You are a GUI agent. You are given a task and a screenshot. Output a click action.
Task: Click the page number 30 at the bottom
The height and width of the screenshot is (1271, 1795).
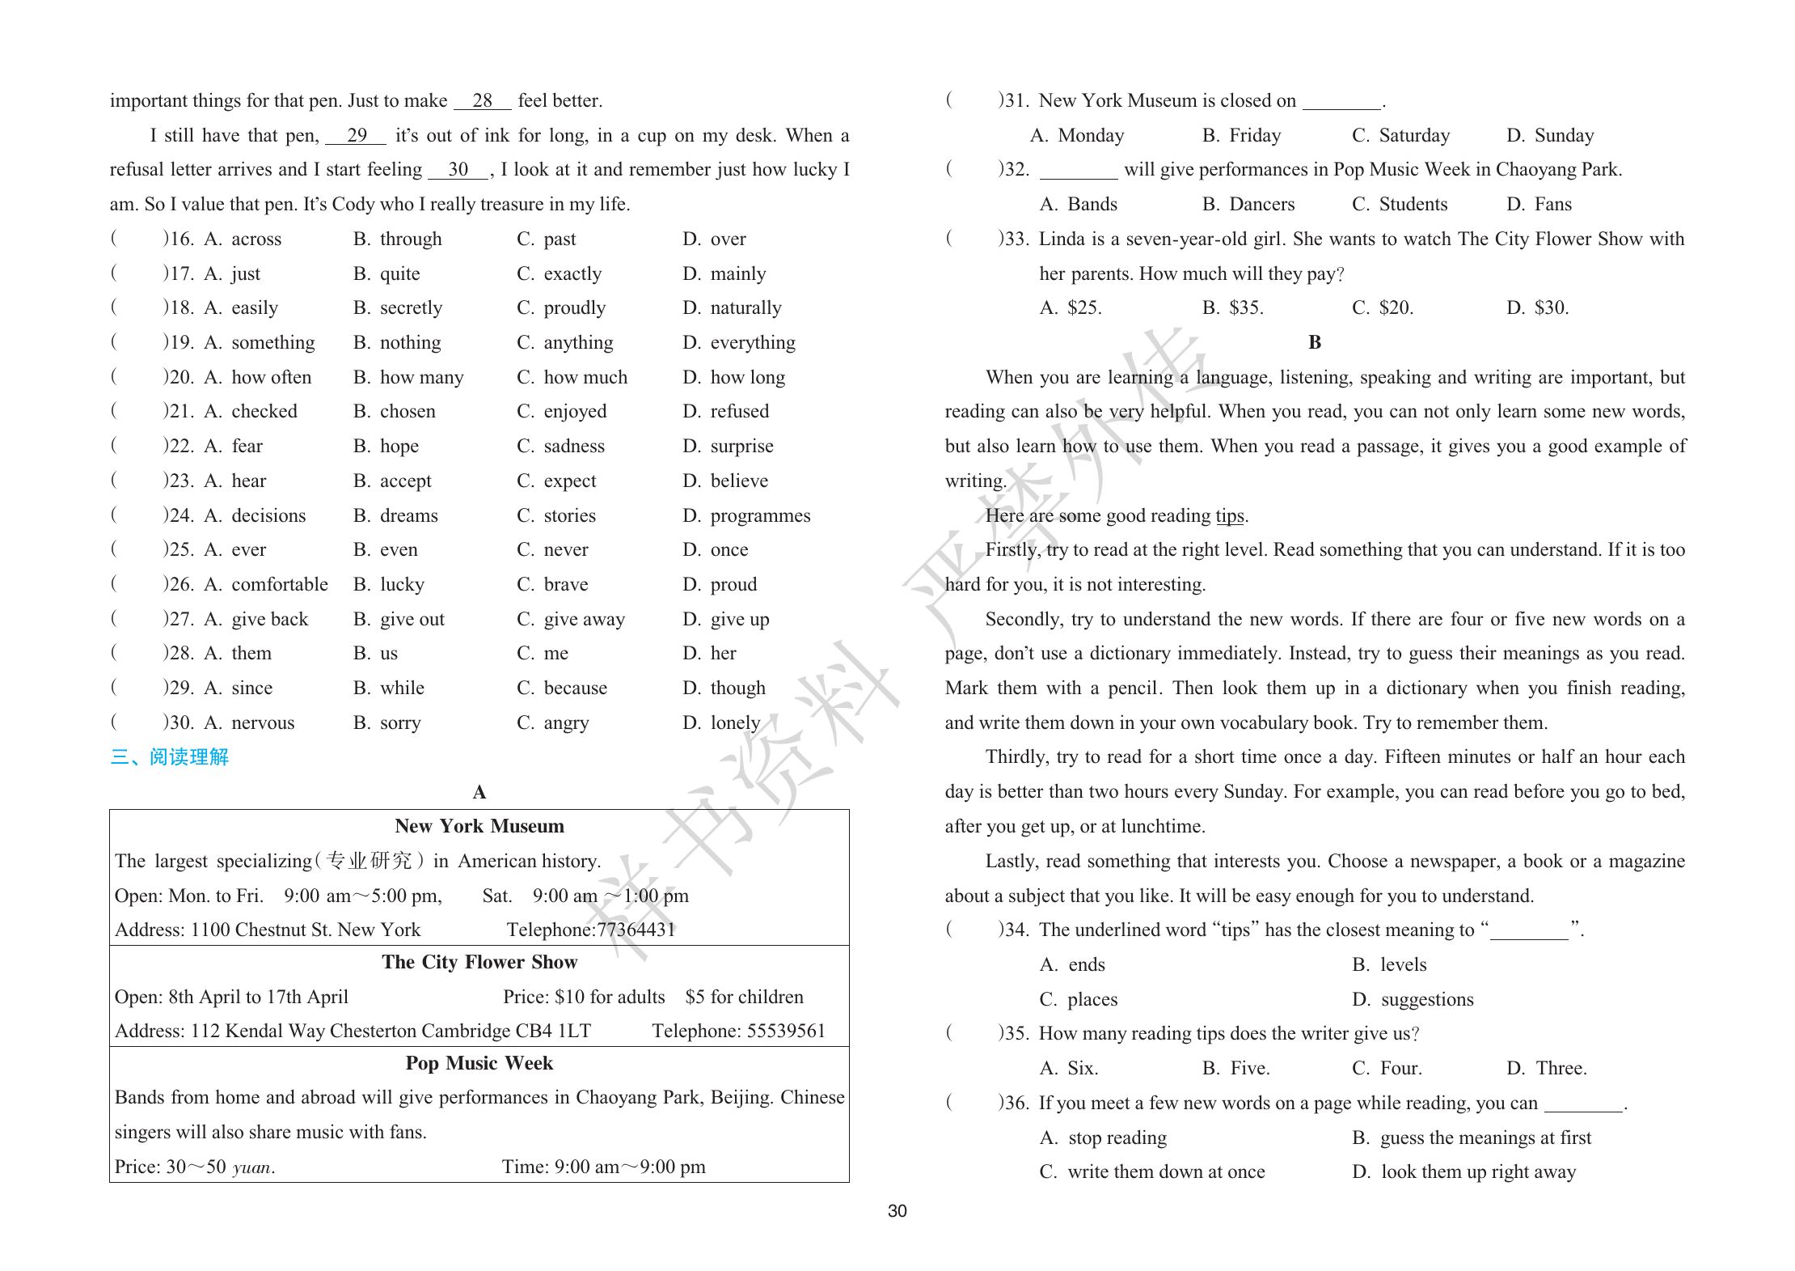click(897, 1211)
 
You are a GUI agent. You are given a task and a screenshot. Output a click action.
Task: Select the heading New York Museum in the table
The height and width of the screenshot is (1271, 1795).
click(479, 826)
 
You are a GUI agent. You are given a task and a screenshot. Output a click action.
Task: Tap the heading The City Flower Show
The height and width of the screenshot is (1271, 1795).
click(479, 962)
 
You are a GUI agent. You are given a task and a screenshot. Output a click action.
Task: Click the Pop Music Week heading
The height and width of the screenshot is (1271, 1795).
click(479, 1063)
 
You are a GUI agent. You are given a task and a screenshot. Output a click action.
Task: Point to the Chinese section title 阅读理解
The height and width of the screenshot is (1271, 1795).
click(188, 757)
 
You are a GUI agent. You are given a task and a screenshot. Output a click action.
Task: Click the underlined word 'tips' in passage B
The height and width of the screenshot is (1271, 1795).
click(1229, 515)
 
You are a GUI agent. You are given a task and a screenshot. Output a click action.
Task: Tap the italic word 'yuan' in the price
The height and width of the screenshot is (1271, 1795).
click(251, 1167)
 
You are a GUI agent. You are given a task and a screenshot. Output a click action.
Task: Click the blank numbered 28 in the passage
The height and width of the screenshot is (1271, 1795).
click(482, 100)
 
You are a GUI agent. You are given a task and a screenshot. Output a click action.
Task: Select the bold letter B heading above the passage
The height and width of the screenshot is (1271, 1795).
click(1315, 342)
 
